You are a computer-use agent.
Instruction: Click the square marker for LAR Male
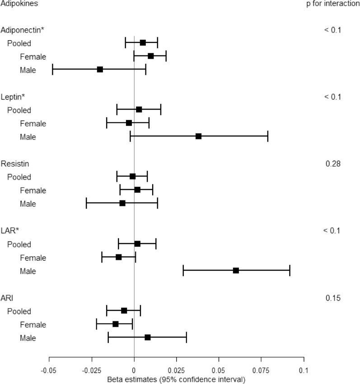(x=236, y=271)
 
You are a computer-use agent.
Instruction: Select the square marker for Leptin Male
(x=198, y=136)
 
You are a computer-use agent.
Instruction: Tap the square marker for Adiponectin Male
(x=100, y=69)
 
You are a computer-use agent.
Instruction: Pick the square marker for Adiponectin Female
(x=151, y=56)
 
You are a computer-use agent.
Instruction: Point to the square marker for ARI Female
(x=116, y=324)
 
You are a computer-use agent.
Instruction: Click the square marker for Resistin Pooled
(x=132, y=176)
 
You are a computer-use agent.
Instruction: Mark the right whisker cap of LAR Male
(x=290, y=271)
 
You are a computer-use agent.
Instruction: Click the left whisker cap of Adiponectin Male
(x=53, y=69)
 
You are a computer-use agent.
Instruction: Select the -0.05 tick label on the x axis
(x=49, y=371)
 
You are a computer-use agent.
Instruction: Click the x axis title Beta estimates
(x=176, y=379)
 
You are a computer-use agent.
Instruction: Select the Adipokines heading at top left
(x=19, y=4)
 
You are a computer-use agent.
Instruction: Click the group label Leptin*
(x=13, y=97)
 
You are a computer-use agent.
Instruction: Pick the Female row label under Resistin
(x=33, y=190)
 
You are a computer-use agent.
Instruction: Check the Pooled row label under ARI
(x=19, y=311)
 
